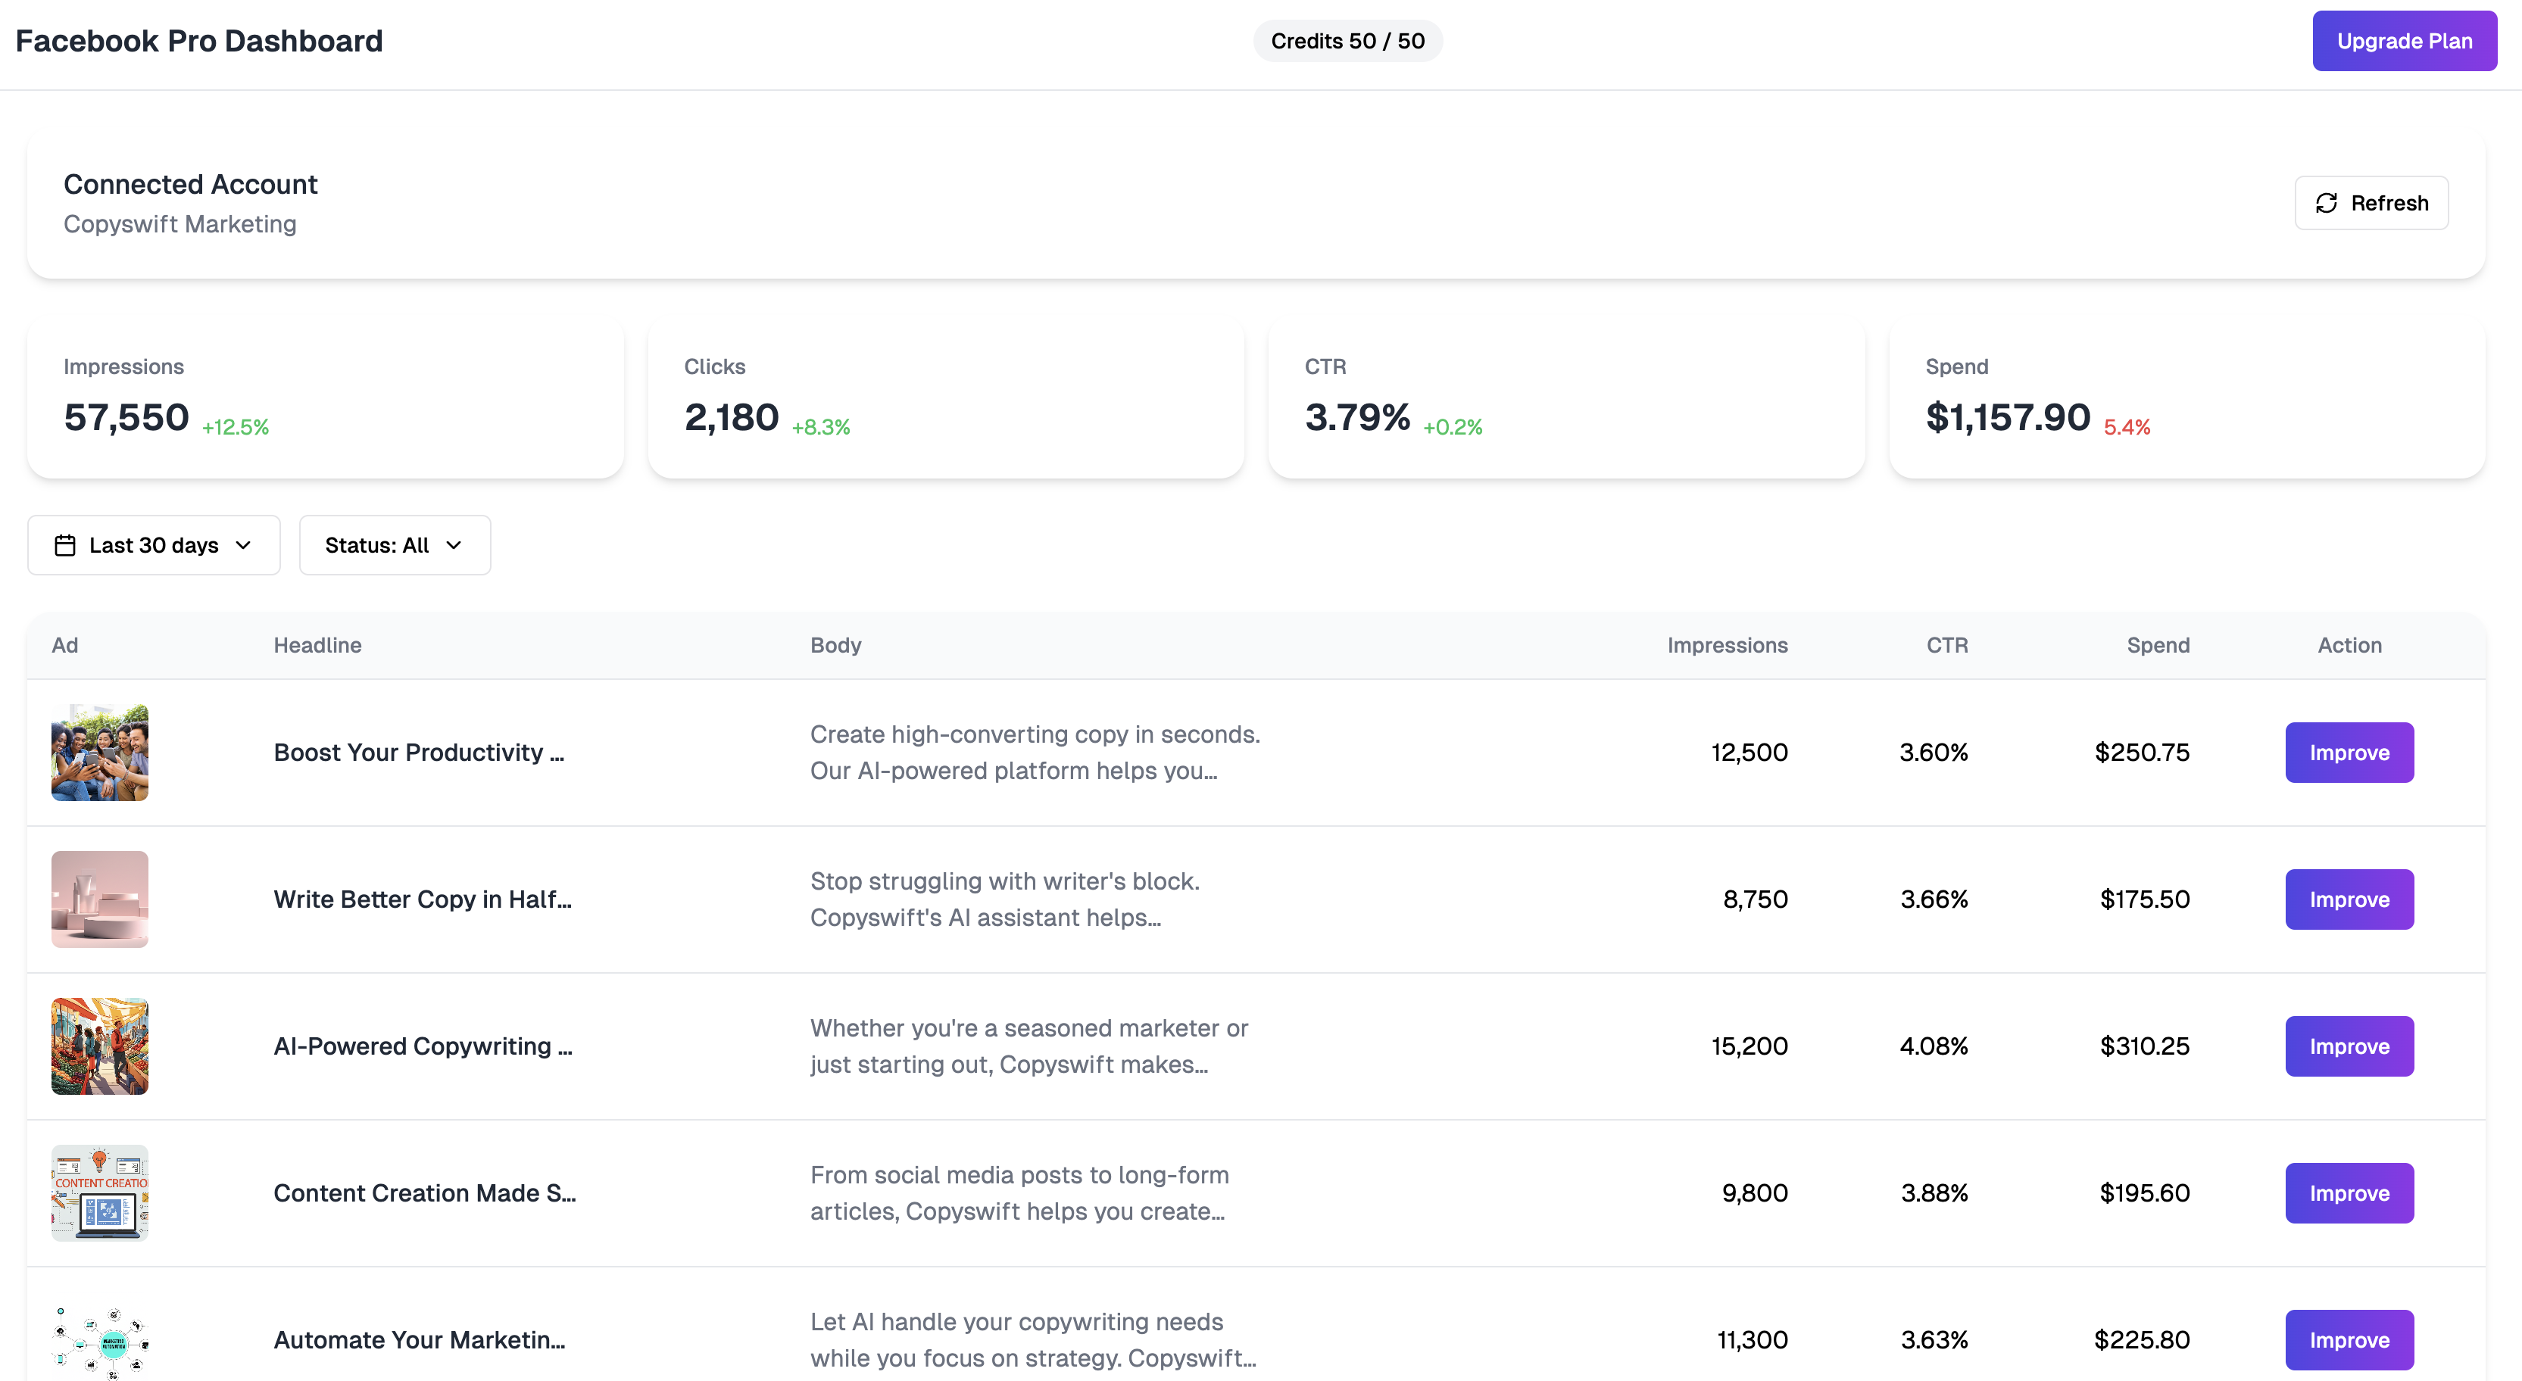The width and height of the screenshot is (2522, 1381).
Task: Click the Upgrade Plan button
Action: [x=2404, y=41]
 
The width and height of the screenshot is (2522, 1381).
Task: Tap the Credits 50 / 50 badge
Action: [x=1347, y=41]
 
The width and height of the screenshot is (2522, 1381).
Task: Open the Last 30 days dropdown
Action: [x=154, y=545]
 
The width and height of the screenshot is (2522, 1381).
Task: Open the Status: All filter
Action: [x=394, y=545]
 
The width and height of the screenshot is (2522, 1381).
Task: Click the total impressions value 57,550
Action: [x=126, y=418]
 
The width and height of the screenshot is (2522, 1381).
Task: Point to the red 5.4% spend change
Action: [x=2127, y=427]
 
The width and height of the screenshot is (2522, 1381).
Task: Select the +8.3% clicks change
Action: [x=820, y=427]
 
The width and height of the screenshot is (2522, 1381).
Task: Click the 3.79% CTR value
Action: [x=1357, y=418]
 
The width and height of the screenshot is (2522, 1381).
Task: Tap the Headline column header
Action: [x=317, y=645]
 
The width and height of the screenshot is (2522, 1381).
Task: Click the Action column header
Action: [x=2349, y=645]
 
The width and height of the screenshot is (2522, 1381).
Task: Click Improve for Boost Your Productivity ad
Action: [x=2349, y=753]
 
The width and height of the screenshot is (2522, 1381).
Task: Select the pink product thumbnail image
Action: [x=100, y=899]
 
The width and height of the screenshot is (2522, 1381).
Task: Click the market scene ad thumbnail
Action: [x=100, y=1046]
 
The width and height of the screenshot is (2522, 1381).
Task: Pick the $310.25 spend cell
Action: [x=2144, y=1046]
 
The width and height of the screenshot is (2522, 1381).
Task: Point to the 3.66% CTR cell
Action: [x=1934, y=899]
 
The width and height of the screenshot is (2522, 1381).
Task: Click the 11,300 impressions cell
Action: [x=1752, y=1340]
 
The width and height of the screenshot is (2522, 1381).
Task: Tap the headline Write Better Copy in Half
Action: [x=422, y=899]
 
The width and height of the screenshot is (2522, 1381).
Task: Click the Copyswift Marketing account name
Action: [x=180, y=224]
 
